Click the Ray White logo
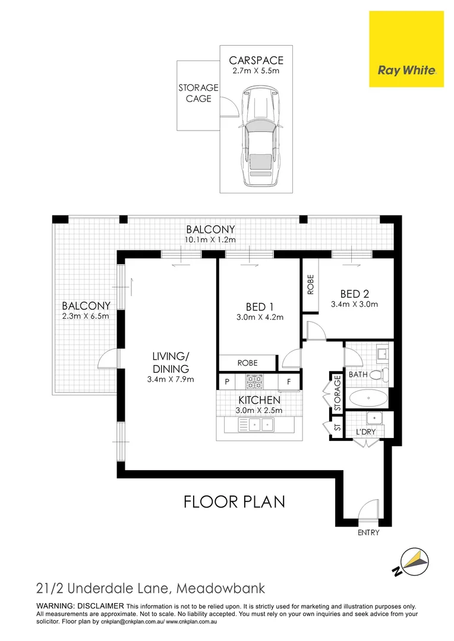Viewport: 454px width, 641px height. point(406,71)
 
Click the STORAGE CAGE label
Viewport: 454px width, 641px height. point(198,93)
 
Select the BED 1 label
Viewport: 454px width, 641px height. point(260,307)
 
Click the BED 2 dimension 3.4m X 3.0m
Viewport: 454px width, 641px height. point(354,304)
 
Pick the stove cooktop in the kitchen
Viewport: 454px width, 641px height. point(255,380)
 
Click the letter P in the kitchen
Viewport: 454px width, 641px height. point(226,382)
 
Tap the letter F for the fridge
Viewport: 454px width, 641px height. point(289,382)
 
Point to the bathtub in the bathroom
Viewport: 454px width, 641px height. point(366,398)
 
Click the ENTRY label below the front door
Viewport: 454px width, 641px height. point(368,533)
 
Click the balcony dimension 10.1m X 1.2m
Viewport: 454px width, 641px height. point(210,240)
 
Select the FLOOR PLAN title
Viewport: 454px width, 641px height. point(234,502)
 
